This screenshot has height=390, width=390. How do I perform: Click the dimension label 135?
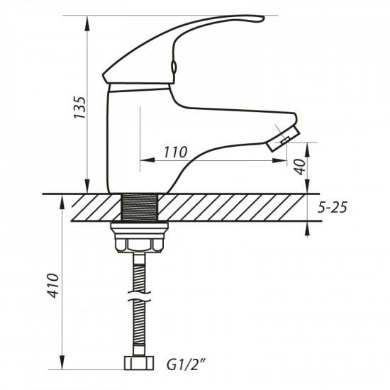click(x=81, y=106)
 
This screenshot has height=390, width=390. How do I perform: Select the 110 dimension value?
click(x=174, y=152)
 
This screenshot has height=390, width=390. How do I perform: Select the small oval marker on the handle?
click(x=172, y=69)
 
